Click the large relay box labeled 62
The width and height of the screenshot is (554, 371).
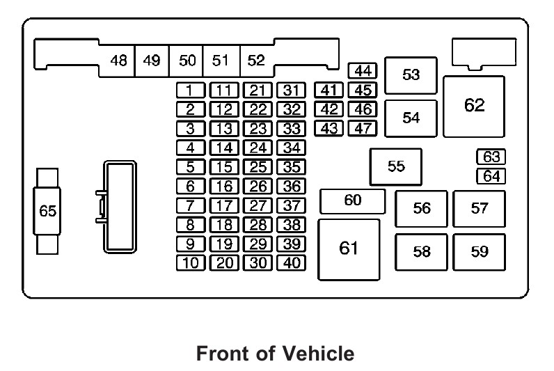pos(474,106)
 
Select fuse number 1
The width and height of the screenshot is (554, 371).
pos(190,90)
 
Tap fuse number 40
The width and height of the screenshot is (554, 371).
pos(292,263)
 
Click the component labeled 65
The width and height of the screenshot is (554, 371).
pos(47,212)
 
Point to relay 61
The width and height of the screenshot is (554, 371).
pos(349,249)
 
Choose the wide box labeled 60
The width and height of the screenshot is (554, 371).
pos(352,201)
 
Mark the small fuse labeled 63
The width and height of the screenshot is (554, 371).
pos(491,157)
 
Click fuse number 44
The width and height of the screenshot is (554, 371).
pos(363,71)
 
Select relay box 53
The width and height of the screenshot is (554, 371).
pos(411,75)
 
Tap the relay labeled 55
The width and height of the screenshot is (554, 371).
pos(395,166)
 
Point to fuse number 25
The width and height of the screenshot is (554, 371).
pos(258,167)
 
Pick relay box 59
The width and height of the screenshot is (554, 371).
pos(480,252)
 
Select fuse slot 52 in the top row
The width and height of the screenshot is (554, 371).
pos(256,61)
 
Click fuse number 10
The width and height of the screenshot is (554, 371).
pos(190,263)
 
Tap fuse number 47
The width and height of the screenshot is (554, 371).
pos(363,128)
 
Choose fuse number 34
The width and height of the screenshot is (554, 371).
pos(292,148)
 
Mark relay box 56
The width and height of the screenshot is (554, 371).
pos(421,209)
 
